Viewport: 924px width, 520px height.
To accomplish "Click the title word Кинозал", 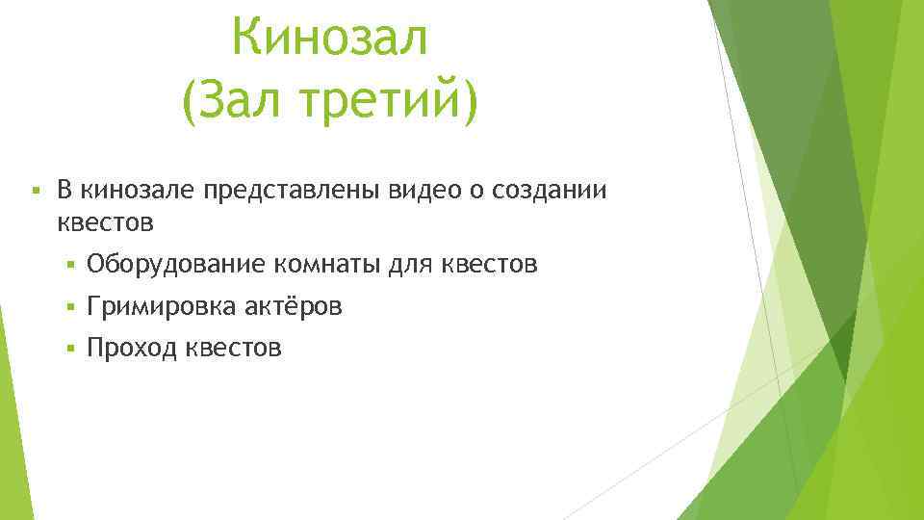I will [329, 40].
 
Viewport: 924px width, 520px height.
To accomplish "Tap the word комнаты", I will [325, 263].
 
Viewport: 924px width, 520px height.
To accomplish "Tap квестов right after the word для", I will [489, 263].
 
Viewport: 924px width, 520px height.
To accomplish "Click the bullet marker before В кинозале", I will [35, 190].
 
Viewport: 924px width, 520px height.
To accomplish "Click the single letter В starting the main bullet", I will [64, 190].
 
